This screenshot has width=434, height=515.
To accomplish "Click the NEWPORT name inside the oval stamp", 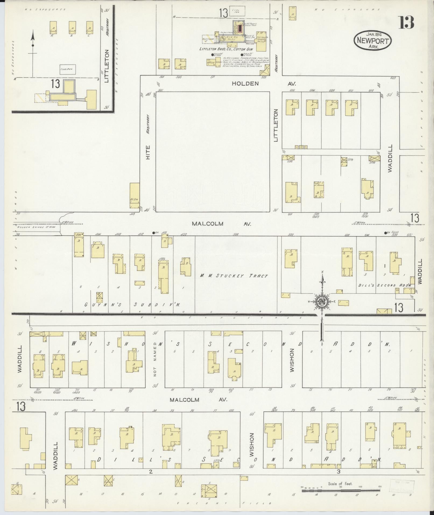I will (372, 41).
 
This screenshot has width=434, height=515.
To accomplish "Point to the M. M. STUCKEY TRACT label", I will (234, 276).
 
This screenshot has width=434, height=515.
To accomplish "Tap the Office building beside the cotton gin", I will (210, 63).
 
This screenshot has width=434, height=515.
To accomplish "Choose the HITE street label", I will (148, 153).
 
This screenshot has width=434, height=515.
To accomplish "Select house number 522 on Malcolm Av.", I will (291, 234).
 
